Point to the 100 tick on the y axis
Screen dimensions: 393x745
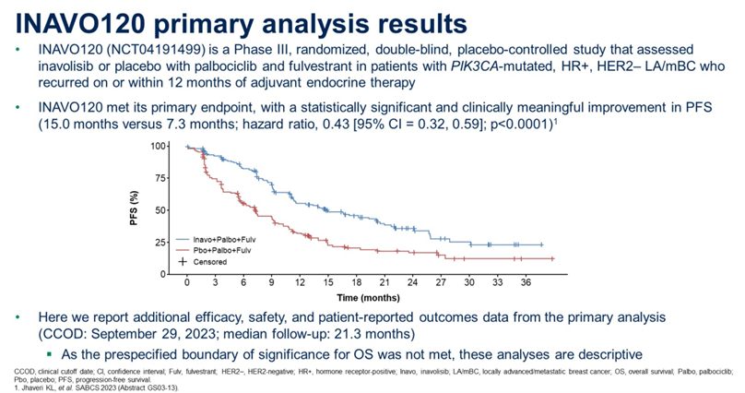159,147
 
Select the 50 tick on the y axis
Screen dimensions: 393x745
161,210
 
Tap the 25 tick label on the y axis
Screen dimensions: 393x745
161,243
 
